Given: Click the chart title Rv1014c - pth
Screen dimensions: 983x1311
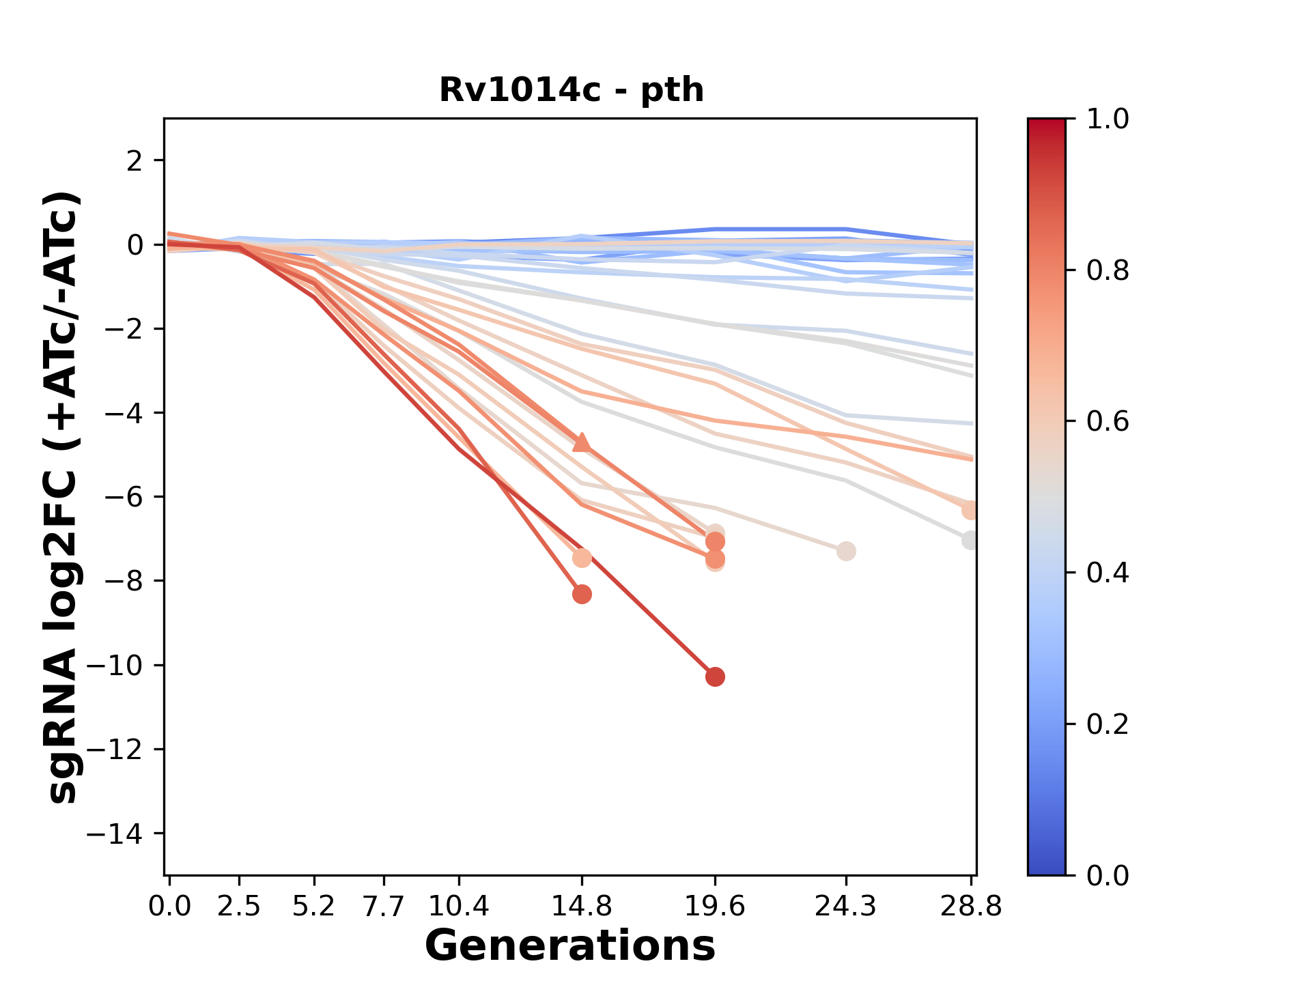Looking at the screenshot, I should coord(571,90).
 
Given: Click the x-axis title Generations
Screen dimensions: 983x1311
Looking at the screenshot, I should coord(570,946).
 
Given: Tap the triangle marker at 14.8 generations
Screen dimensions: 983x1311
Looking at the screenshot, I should coord(582,442).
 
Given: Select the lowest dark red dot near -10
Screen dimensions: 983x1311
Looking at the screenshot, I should coord(715,676).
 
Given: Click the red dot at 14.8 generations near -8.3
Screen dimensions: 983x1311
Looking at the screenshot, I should coord(582,594).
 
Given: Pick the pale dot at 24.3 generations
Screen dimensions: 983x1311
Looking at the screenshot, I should coord(846,551).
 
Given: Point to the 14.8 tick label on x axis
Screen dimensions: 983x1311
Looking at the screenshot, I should coord(582,907).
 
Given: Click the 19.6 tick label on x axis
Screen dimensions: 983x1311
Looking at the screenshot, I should coord(715,907).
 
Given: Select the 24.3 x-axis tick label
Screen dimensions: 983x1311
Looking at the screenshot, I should coord(846,907).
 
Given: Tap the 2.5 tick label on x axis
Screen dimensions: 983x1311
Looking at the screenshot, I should coord(239,907).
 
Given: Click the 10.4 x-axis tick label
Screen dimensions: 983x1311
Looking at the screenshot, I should coord(459,907).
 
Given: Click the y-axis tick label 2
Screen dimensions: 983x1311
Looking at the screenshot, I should coord(135,161).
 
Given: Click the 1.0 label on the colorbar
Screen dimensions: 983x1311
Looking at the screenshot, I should coord(1108,119).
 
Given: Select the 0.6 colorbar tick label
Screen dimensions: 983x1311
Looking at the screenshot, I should coord(1108,422).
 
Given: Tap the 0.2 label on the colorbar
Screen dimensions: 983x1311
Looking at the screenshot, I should coord(1108,724).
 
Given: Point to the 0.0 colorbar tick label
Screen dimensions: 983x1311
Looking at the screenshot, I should coord(1108,875).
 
